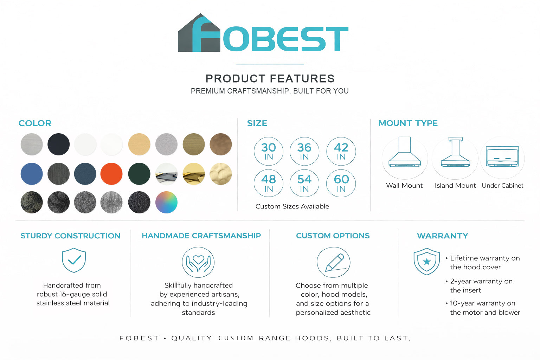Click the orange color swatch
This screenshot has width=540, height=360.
click(111, 174)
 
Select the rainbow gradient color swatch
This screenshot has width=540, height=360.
click(166, 202)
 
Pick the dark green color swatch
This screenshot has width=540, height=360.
click(139, 174)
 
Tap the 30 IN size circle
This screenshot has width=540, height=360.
click(269, 152)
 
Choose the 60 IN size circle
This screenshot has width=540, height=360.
click(341, 183)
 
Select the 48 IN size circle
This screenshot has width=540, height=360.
click(269, 183)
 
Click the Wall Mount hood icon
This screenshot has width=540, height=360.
click(405, 152)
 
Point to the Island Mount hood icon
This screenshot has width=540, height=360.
click(455, 152)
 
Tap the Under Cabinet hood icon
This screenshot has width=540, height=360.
click(502, 156)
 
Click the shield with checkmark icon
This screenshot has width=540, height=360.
click(74, 260)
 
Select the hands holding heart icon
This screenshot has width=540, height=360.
click(198, 262)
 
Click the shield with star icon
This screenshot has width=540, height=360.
click(427, 262)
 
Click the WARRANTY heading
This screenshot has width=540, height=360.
click(443, 236)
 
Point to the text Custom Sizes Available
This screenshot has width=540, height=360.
click(292, 206)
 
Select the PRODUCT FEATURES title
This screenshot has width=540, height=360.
click(270, 79)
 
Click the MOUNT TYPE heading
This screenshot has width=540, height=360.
click(408, 123)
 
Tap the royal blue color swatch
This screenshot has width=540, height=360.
click(32, 174)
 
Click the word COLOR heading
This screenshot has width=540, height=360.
click(35, 123)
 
